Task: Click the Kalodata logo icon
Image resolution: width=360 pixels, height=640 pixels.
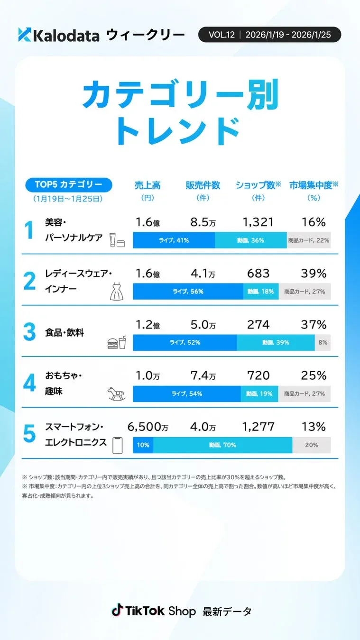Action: [24, 35]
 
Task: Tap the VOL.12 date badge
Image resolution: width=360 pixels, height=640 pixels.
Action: [269, 35]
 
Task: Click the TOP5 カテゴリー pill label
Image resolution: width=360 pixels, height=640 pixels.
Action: [68, 185]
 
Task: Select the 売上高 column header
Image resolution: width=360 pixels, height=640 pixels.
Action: [147, 185]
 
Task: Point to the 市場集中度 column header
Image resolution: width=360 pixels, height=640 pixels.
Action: [314, 185]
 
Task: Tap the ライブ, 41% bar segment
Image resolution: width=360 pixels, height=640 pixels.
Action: [174, 240]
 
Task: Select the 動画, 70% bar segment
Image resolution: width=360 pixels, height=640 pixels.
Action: [222, 445]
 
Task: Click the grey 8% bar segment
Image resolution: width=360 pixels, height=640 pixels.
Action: [323, 342]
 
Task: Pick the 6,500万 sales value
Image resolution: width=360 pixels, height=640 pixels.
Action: [148, 427]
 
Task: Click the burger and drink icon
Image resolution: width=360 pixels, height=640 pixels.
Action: [117, 343]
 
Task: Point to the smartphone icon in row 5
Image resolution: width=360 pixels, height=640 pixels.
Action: [117, 445]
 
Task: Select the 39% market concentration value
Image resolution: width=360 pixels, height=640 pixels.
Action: [314, 274]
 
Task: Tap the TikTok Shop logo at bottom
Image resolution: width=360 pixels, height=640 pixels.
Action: [154, 611]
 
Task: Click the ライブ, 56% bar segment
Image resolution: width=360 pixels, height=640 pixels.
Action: [188, 292]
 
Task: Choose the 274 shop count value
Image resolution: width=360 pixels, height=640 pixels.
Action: [258, 325]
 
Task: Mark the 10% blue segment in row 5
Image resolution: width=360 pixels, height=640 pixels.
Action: [143, 445]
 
